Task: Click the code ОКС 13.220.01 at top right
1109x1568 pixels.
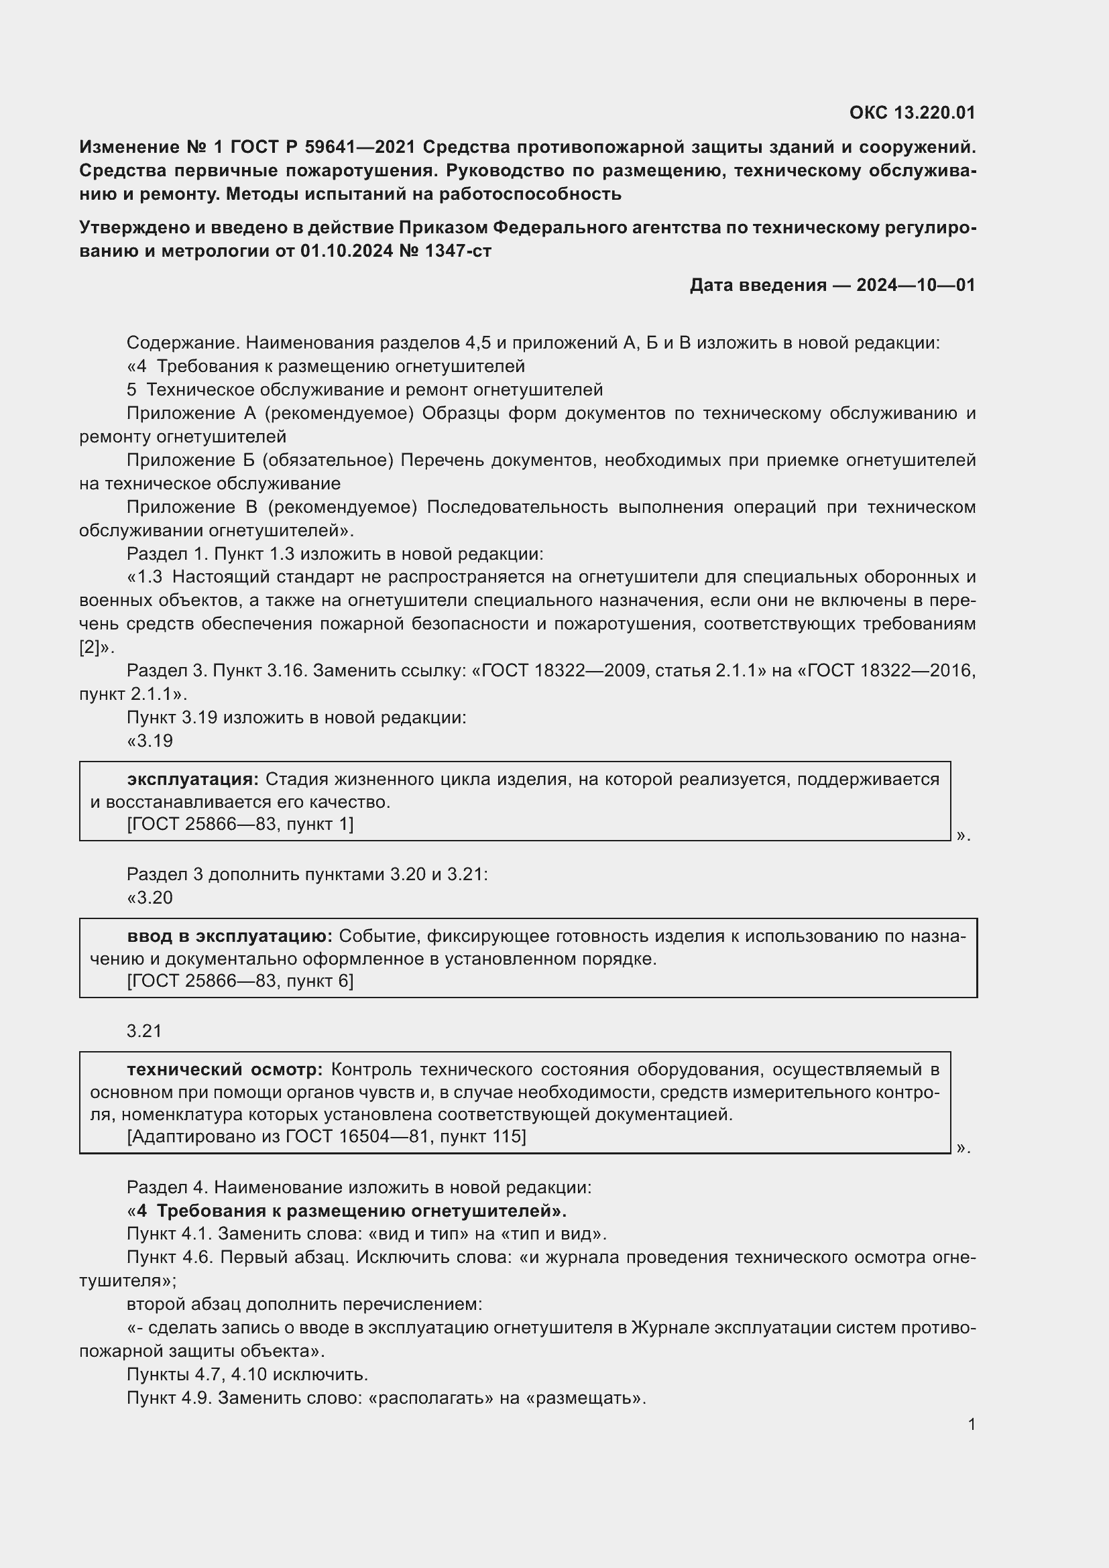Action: click(x=912, y=113)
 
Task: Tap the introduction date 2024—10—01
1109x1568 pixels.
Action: click(x=915, y=285)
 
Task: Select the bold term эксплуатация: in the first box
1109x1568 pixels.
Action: click(x=192, y=779)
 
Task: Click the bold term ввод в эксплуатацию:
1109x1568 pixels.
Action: click(x=229, y=937)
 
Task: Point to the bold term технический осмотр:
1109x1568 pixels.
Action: click(x=225, y=1069)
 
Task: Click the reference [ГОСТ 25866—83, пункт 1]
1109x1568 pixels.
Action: click(x=241, y=825)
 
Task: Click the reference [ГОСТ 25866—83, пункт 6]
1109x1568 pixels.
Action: click(x=241, y=981)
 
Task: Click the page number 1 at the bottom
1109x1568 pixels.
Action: click(x=971, y=1425)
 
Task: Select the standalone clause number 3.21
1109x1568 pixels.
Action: click(x=144, y=1031)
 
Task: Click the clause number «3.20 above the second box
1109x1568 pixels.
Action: click(x=150, y=898)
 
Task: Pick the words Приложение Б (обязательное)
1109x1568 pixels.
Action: click(x=259, y=461)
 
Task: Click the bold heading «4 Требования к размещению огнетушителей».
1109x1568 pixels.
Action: click(x=347, y=1211)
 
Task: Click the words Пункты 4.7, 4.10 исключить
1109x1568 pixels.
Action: click(x=247, y=1374)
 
